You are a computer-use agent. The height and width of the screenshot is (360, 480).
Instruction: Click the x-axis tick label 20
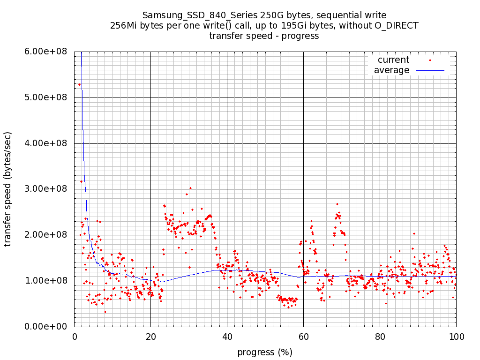[150, 336]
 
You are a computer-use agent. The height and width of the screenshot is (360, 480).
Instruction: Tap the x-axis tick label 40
[227, 336]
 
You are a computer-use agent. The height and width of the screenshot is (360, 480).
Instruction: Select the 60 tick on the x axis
[303, 336]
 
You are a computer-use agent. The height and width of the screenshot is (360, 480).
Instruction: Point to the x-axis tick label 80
[380, 336]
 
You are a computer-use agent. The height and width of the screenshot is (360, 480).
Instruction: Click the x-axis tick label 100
[456, 336]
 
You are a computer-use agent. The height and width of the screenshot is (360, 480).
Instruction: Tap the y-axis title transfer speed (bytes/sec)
[8, 189]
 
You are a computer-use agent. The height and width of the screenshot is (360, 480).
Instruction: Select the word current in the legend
[393, 60]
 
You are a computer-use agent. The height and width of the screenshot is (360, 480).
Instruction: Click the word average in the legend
[391, 70]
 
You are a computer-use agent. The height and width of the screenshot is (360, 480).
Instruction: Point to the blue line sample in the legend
[430, 70]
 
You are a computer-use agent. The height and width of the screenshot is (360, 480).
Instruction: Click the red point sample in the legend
[430, 60]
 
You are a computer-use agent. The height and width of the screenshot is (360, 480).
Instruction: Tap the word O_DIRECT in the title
[396, 25]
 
